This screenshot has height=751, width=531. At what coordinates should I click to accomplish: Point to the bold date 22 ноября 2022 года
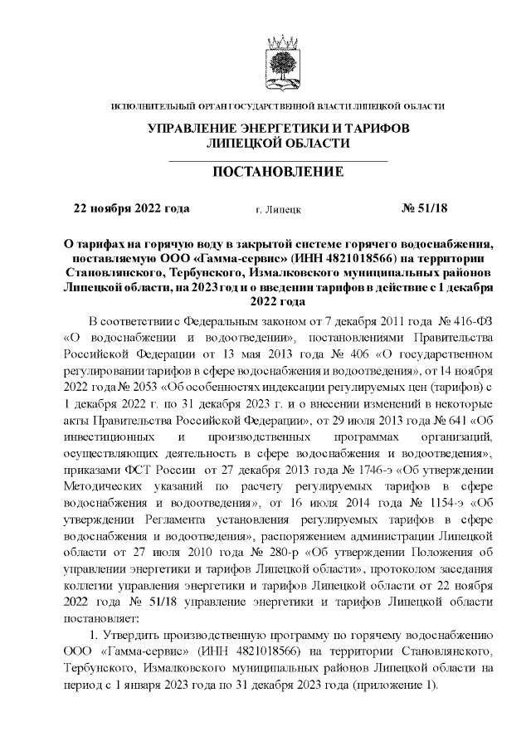click(132, 209)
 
